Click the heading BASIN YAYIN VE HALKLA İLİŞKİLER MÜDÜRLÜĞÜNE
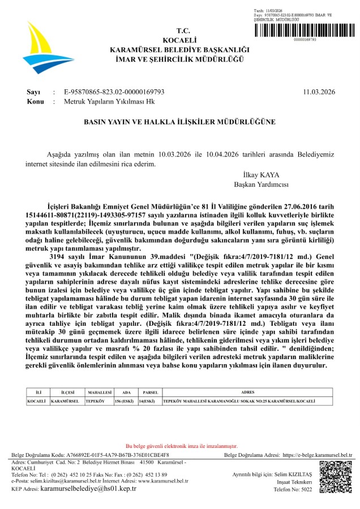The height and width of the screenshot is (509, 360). (179, 122)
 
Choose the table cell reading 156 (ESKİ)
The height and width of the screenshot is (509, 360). (125, 401)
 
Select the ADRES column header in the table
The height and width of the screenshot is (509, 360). (248, 391)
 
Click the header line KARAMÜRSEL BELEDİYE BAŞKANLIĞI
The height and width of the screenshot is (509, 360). (179, 50)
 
